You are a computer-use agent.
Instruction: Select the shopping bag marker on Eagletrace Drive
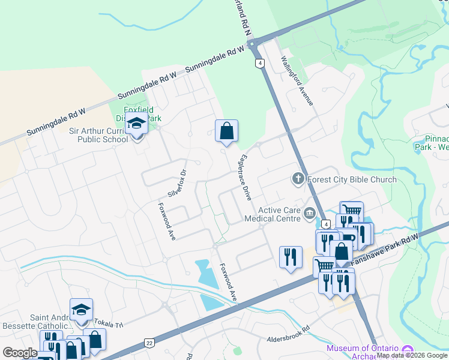[x=226, y=131]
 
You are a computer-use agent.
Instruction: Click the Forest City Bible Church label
[x=352, y=179]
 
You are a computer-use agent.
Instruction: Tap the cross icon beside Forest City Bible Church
[x=298, y=178]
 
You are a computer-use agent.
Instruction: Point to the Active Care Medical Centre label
[x=279, y=214]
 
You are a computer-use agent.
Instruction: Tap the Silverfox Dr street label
[x=178, y=182]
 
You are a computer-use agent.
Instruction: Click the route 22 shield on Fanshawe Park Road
[x=149, y=343]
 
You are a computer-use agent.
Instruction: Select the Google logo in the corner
[x=20, y=353]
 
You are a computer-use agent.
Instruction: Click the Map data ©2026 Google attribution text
[x=412, y=355]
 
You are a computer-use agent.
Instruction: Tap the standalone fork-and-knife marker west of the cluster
[x=291, y=257]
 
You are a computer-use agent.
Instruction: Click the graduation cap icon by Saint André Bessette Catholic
[x=81, y=310]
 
